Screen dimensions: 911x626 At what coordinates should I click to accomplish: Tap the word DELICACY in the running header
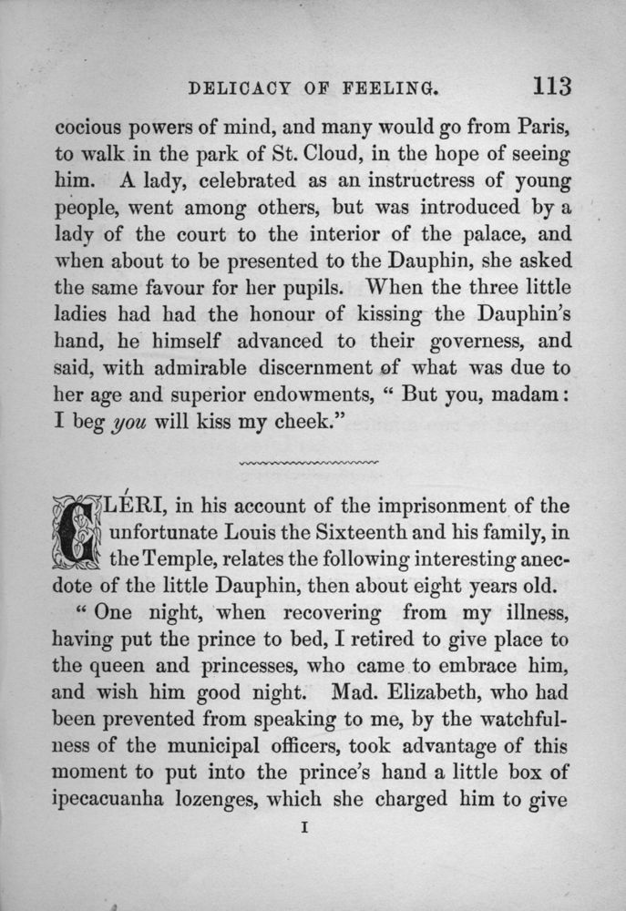pos(240,89)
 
